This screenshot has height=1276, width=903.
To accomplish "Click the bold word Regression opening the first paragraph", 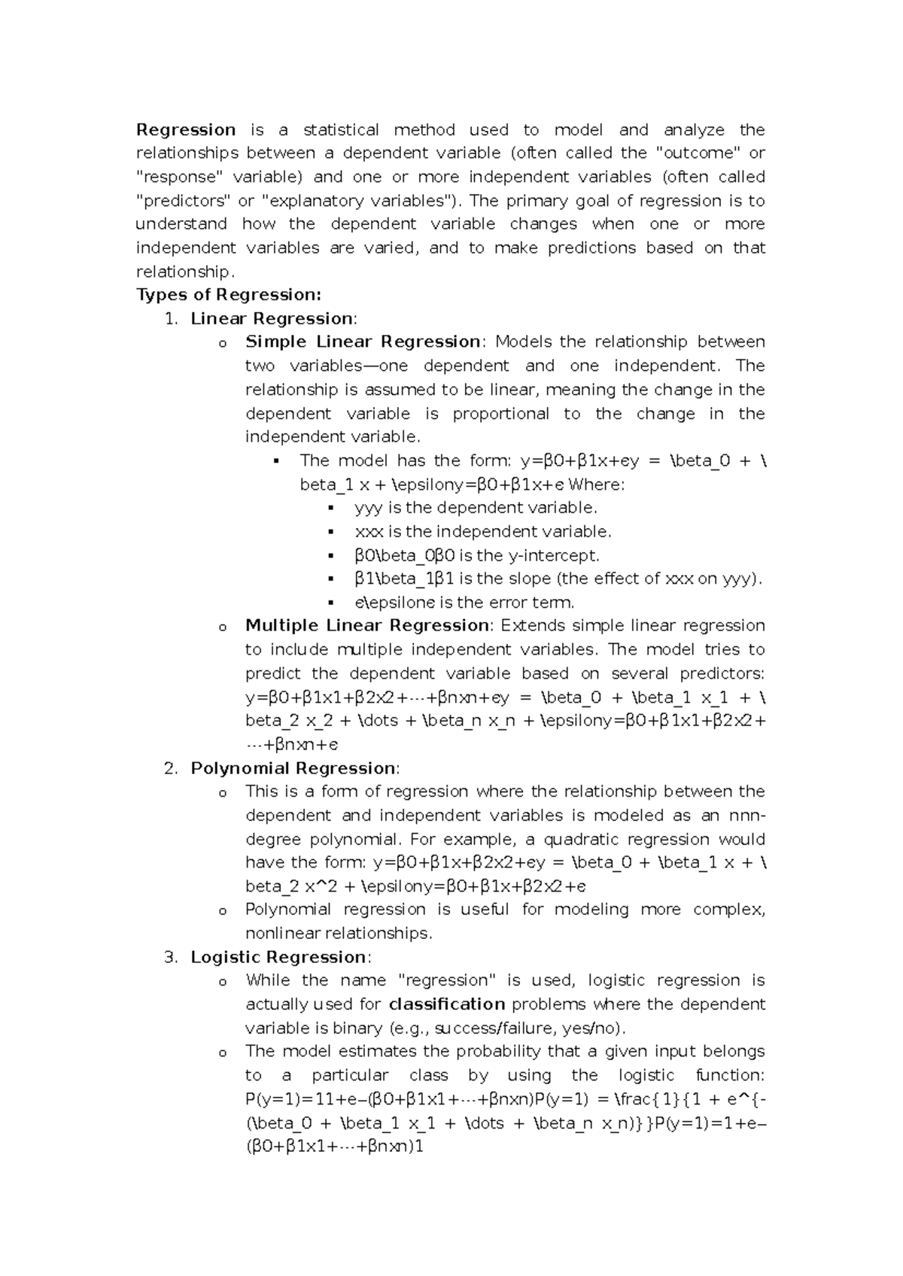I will (x=186, y=129).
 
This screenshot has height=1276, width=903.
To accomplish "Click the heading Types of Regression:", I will (x=228, y=294).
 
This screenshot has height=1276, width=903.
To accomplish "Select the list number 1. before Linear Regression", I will (x=172, y=318).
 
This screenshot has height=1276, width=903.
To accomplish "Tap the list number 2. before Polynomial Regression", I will (x=172, y=768).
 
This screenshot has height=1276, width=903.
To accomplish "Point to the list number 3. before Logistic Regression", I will (x=172, y=957).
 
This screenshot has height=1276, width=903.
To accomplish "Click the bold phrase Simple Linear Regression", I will (x=363, y=342).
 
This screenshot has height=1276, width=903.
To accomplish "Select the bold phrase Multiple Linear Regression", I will (x=367, y=625).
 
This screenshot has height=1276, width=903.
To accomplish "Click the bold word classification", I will (x=447, y=1004).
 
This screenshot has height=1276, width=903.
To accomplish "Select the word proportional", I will (x=501, y=413).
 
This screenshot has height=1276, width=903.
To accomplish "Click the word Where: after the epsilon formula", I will (x=597, y=485).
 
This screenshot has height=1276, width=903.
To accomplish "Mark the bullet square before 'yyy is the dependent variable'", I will (x=331, y=508).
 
